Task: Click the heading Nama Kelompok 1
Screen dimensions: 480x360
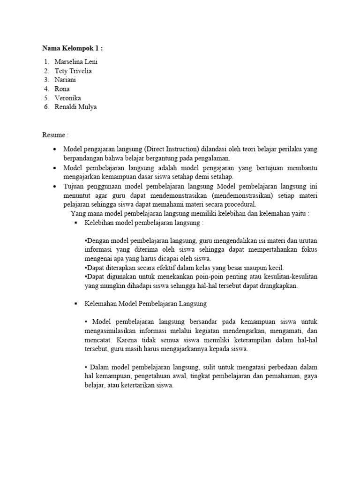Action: [x=72, y=48]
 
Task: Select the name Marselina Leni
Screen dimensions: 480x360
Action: [x=76, y=62]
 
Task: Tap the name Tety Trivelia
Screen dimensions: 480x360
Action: [x=73, y=71]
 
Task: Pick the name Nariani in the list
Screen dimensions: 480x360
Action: [x=65, y=80]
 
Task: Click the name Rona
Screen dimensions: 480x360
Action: [x=62, y=89]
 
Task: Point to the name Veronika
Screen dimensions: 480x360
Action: [x=67, y=98]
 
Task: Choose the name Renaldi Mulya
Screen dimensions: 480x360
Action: [x=76, y=107]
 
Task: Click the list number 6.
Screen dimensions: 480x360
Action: [x=46, y=107]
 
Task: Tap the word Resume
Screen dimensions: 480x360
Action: [x=54, y=135]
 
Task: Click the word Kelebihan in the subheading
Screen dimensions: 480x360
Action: [x=99, y=223]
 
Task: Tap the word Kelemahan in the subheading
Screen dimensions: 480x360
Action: [x=100, y=304]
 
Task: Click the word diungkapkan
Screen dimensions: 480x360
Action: [x=277, y=285]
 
